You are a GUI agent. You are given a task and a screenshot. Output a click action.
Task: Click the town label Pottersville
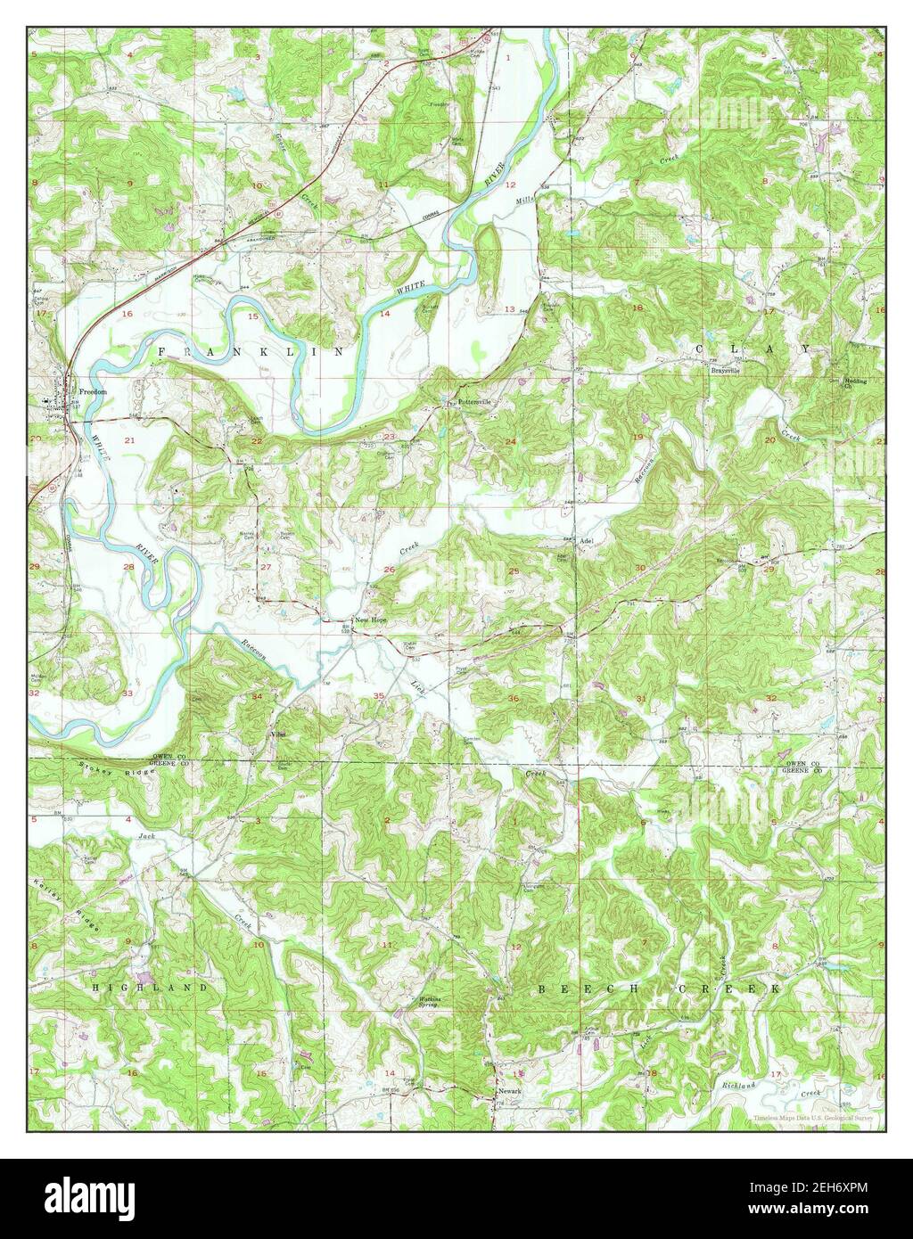(x=473, y=402)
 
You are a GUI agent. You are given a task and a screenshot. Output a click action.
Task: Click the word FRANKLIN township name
(x=251, y=353)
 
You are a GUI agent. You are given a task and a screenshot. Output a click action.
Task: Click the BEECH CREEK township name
(x=660, y=989)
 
